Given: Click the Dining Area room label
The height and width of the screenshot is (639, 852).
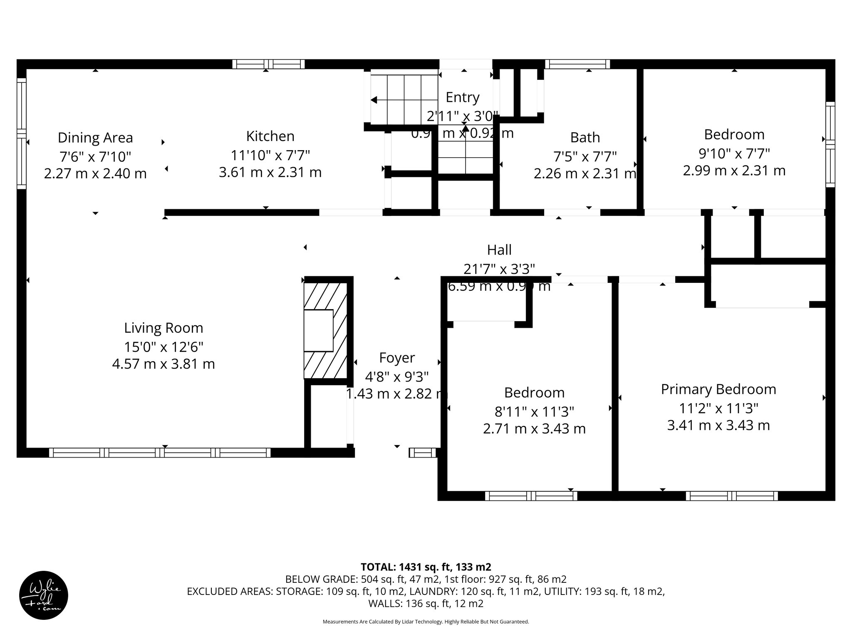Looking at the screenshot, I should click(x=95, y=138).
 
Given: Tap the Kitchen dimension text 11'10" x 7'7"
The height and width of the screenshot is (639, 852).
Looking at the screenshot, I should click(x=270, y=155).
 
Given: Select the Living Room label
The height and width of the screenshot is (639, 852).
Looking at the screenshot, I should click(x=163, y=328).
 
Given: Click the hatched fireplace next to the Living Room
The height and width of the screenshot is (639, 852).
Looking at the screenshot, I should click(x=325, y=331).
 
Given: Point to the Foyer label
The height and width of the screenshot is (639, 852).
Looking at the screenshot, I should click(x=397, y=358).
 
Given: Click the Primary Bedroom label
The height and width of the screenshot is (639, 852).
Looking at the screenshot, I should click(x=718, y=389).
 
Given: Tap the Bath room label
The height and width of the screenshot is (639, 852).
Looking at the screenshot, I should click(x=585, y=137).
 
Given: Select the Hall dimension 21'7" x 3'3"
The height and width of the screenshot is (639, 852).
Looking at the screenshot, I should click(x=499, y=269).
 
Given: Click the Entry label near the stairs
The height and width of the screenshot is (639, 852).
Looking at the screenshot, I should click(x=463, y=97).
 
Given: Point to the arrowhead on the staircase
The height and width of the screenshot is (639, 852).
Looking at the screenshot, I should click(x=374, y=100).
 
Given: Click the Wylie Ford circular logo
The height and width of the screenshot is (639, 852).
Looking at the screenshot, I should click(x=44, y=595).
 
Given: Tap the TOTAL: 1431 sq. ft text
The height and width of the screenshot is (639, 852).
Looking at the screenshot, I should click(x=426, y=567).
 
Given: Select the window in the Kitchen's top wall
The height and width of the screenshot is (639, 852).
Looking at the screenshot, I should click(x=268, y=64).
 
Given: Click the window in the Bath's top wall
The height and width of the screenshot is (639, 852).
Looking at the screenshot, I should click(x=577, y=64).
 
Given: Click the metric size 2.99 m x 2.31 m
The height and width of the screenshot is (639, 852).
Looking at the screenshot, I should click(x=734, y=171).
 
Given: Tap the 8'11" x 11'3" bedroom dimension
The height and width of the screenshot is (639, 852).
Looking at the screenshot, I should click(x=534, y=411).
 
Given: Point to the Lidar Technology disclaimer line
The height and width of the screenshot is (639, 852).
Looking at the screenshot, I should click(x=426, y=622).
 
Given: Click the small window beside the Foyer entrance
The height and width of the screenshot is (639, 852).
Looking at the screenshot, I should click(x=423, y=453).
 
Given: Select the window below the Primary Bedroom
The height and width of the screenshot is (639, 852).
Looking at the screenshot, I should click(x=732, y=496).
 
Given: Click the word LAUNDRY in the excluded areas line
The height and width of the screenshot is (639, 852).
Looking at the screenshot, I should click(x=427, y=591).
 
